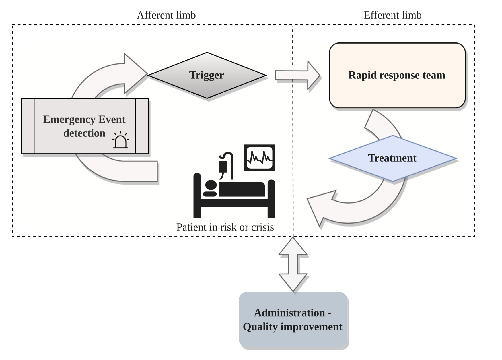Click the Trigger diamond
point(207,75)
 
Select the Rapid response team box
point(397,76)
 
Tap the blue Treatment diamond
point(392,158)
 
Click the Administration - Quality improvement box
point(293,320)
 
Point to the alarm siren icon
point(120,140)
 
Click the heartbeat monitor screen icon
point(259,158)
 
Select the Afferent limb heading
point(166,15)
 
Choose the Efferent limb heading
point(392,15)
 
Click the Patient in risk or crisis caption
point(225,227)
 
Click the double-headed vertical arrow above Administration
point(293,264)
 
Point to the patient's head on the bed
point(211,185)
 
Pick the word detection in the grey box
point(84,133)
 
